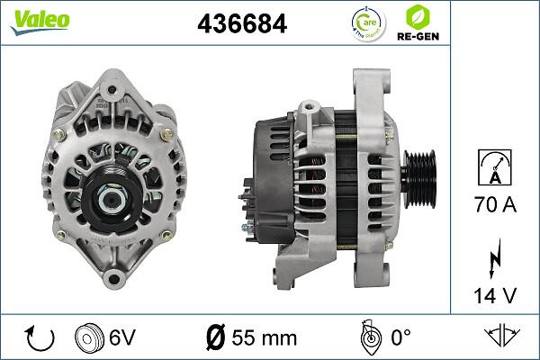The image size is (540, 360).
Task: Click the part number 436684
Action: (x=241, y=24)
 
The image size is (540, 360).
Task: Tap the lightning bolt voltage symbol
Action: (x=494, y=260)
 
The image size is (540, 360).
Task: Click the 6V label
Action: (x=122, y=337)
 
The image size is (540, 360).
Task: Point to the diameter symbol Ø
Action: (x=215, y=337)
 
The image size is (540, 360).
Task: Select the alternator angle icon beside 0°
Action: (x=367, y=337)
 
